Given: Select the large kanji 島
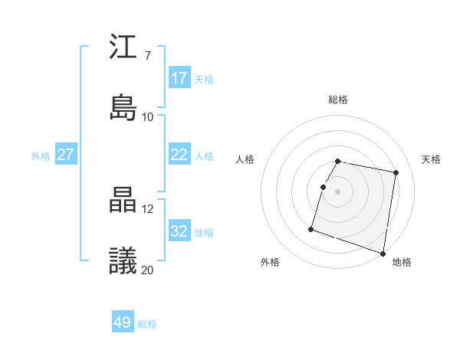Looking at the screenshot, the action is tap(123, 107).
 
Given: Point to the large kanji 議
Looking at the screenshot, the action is tap(123, 260).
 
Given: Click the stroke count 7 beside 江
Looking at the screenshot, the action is tap(147, 56).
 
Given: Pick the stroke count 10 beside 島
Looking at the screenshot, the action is tap(148, 116).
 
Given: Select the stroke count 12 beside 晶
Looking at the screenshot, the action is tap(147, 209).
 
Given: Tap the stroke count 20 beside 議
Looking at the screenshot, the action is tap(148, 270).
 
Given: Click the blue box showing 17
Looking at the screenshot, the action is tap(179, 78).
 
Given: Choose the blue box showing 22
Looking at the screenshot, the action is tap(179, 155).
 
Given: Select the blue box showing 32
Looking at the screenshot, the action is tap(179, 231).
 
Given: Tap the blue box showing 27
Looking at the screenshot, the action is tap(66, 155).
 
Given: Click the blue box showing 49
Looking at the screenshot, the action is tap(123, 322).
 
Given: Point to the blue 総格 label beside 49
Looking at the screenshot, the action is tap(147, 324).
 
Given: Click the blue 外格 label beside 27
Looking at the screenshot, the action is tap(41, 156).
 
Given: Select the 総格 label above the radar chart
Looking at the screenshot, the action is tap(338, 100).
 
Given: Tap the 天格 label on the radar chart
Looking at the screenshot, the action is tap(432, 159).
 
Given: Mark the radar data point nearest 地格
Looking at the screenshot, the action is tap(383, 253).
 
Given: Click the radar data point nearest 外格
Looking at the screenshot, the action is tap(311, 229).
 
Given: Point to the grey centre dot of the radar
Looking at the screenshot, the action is tap(338, 191).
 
